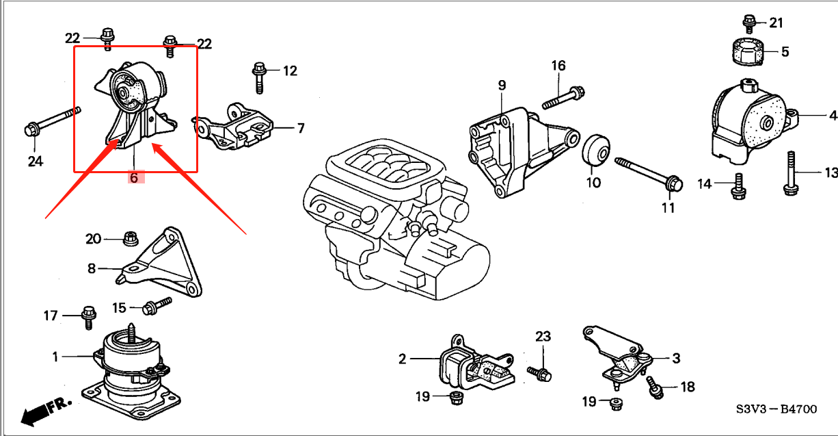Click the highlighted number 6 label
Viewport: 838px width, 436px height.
coord(134,177)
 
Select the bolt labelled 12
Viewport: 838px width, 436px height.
coord(259,77)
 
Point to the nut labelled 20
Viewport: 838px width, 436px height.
coord(129,239)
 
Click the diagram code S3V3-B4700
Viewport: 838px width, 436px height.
coord(776,409)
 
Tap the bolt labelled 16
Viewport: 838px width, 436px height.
coord(564,97)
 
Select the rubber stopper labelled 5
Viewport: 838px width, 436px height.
coord(746,53)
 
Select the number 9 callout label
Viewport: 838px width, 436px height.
coord(502,86)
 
